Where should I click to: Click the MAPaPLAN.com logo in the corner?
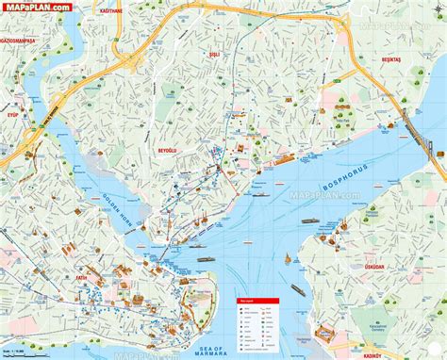click(x=36, y=8)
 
